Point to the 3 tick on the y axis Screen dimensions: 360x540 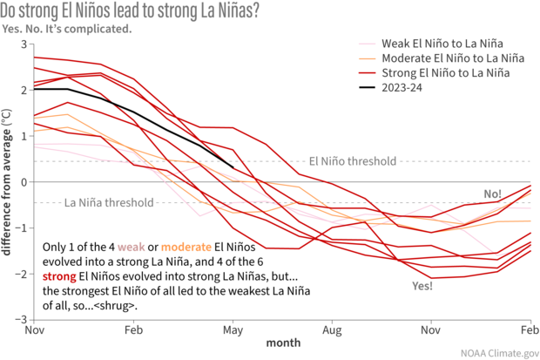point(24,44)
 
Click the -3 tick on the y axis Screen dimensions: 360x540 point(23,319)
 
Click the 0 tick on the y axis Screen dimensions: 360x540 point(24,182)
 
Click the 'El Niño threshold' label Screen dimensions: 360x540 point(354,161)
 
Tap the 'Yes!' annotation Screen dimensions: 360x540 point(422,285)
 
